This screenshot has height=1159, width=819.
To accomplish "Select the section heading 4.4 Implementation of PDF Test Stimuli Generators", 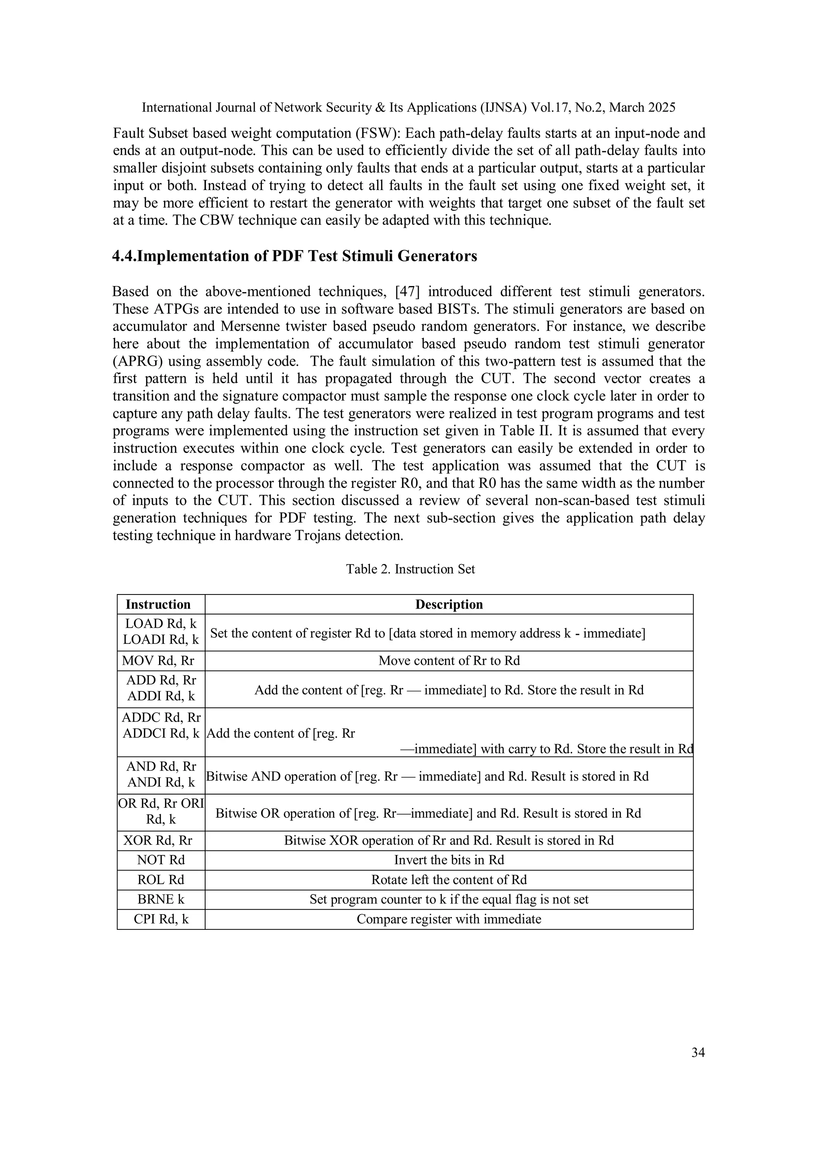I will point(294,256).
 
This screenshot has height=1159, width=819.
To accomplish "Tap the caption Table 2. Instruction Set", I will point(410,569).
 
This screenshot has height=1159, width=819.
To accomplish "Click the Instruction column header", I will point(158,604).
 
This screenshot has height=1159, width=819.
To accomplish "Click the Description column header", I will point(449,604).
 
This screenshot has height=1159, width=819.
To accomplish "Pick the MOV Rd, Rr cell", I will point(158,660).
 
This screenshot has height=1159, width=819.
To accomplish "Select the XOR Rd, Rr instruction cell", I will point(158,840).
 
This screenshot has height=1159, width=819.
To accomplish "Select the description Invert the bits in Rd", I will point(449,860).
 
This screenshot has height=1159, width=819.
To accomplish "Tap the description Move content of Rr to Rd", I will point(449,660).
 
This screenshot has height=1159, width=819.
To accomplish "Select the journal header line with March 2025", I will point(408,107).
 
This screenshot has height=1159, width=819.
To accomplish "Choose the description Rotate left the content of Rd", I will point(449,879).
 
